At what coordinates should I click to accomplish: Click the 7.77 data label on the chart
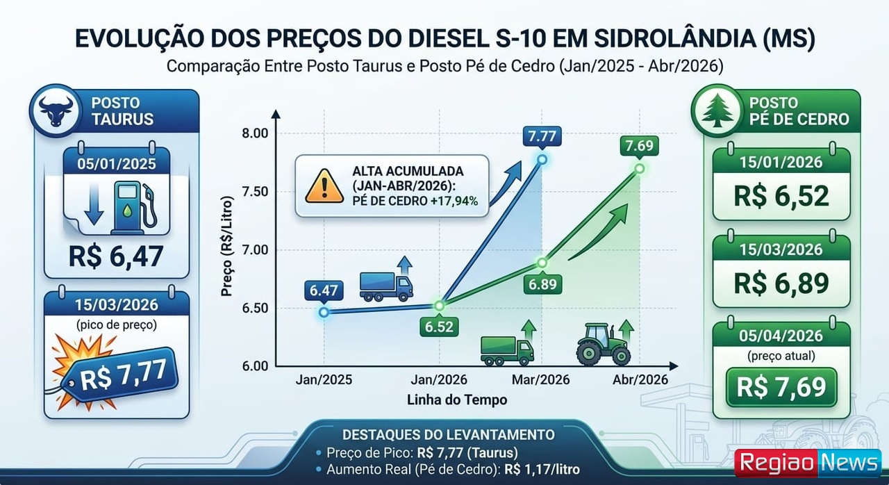point(542,136)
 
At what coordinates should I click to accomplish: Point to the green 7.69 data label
point(639,146)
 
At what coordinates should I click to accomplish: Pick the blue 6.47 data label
point(324,291)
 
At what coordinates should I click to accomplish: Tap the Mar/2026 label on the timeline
point(541,380)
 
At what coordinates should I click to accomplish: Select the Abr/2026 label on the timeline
point(640,380)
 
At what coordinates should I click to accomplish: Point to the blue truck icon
point(385,286)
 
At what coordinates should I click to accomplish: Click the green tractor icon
point(603,345)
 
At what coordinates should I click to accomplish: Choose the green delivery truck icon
point(507,350)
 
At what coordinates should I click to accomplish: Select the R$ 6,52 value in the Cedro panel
point(781,196)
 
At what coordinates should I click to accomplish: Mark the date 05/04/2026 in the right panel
point(781,336)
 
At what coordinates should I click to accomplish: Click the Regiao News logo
point(808,463)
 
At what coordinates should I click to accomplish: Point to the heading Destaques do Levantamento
point(444,435)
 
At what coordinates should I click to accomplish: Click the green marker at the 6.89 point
point(542,263)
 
